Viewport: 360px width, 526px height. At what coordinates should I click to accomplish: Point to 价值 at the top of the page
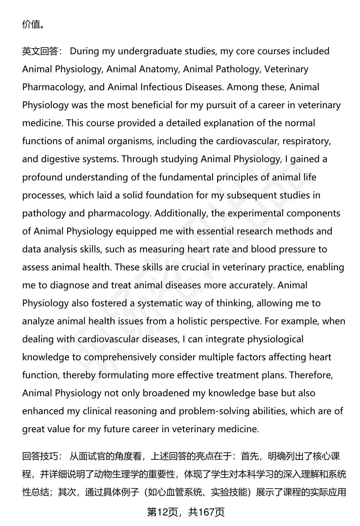(x=31, y=24)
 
